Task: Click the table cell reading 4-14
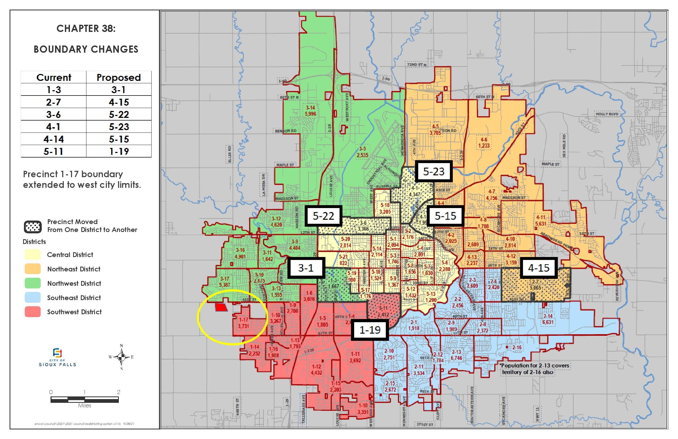click(53, 139)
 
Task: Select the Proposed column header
click(119, 77)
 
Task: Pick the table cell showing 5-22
click(119, 115)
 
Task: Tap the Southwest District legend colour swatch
click(32, 312)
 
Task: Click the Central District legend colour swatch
click(32, 255)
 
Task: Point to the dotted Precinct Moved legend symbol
click(32, 227)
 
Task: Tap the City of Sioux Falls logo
click(57, 357)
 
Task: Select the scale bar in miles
click(84, 400)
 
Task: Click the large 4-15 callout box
click(538, 268)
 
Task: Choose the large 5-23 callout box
click(434, 172)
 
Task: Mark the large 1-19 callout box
click(370, 330)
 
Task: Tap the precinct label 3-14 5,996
click(311, 111)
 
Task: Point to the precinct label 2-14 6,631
click(548, 319)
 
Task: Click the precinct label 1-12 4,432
click(316, 370)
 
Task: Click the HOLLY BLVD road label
click(607, 114)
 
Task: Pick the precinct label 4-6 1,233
click(484, 143)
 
